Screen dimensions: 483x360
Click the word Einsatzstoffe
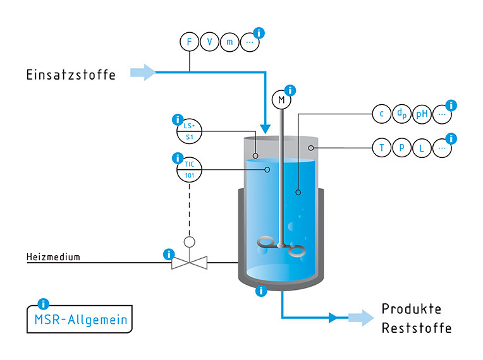(x=71, y=75)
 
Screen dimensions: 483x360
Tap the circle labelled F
(x=190, y=42)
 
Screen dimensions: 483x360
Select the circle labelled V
(x=209, y=42)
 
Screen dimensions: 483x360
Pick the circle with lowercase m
(x=229, y=42)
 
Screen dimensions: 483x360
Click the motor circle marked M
(x=281, y=100)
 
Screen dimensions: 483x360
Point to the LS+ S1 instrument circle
(x=189, y=131)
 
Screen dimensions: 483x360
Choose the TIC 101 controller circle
(x=189, y=169)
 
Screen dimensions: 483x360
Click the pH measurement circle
(x=422, y=114)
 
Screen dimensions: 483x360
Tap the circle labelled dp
(x=401, y=114)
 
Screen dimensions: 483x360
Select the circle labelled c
(x=382, y=114)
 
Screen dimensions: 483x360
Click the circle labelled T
(x=382, y=148)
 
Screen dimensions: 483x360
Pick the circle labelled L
(x=422, y=148)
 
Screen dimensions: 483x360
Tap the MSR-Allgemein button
(x=80, y=319)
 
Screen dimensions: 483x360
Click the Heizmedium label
(x=53, y=256)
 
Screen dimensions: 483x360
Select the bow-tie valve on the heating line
(x=189, y=263)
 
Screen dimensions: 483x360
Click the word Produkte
(x=412, y=309)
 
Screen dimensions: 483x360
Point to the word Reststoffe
(x=417, y=328)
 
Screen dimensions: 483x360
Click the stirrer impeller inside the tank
(x=281, y=246)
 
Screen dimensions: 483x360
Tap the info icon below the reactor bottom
(x=261, y=291)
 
